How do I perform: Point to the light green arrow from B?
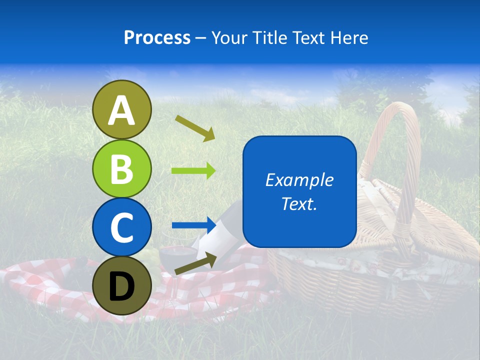click(193, 171)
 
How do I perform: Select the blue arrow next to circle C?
click(193, 225)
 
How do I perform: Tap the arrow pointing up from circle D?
click(195, 264)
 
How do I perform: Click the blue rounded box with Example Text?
click(299, 192)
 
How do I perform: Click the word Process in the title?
click(157, 37)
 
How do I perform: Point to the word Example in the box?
click(299, 180)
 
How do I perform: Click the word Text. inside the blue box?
click(299, 204)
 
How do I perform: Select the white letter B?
click(122, 169)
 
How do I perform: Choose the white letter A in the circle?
click(122, 110)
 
